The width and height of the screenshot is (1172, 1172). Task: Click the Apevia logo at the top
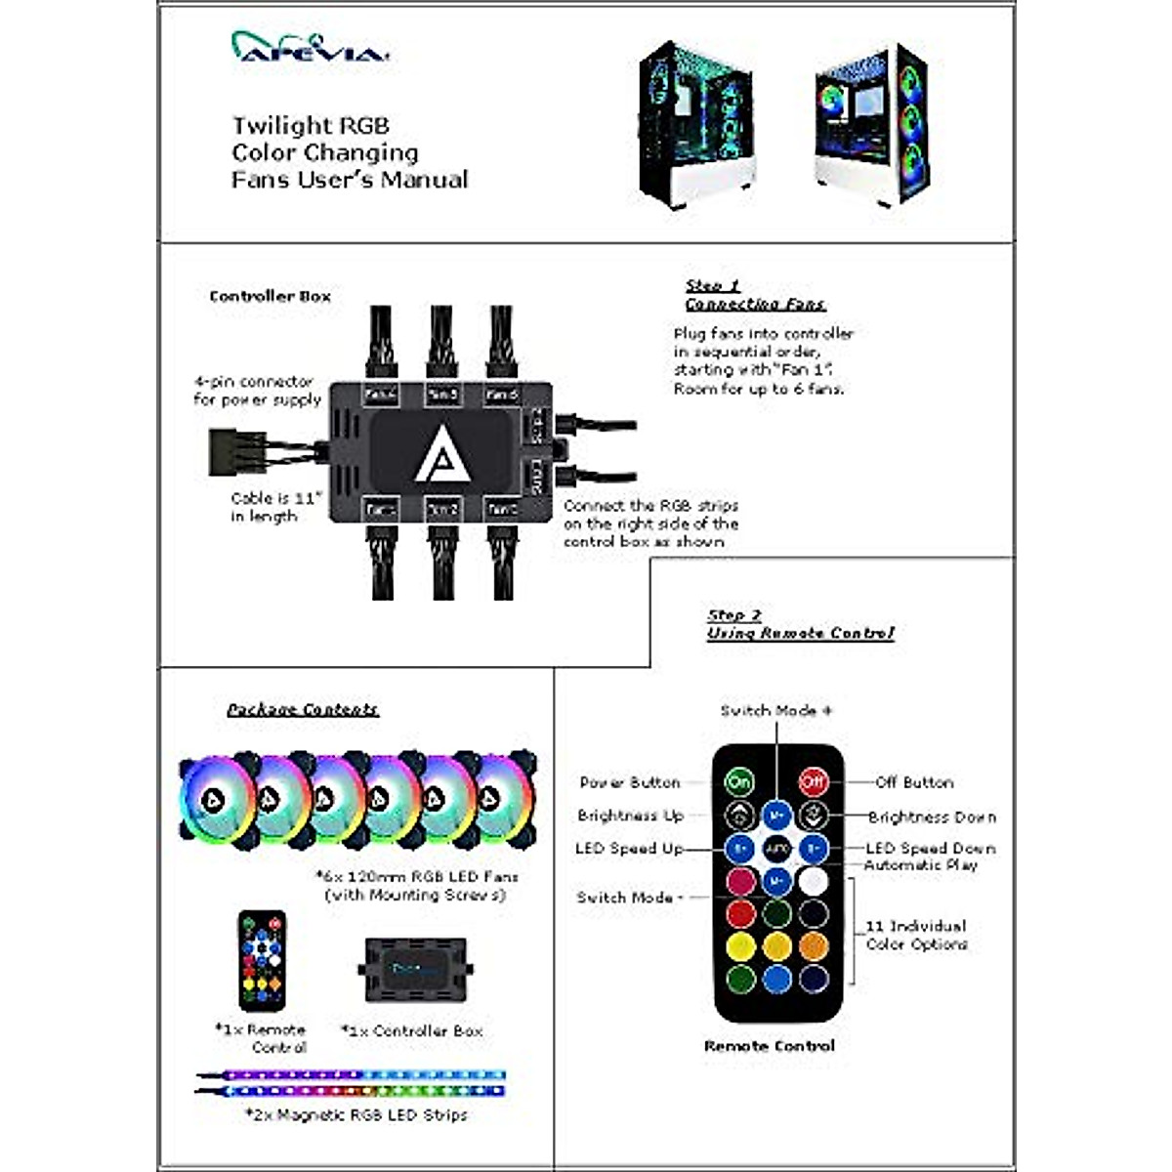(311, 48)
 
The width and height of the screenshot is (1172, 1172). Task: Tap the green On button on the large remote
(739, 781)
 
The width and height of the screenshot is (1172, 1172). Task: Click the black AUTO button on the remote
(776, 848)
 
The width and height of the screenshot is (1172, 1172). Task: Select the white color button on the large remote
(813, 881)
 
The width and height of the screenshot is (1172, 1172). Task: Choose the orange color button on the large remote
(813, 945)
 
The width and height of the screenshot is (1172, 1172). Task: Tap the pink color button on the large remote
(740, 881)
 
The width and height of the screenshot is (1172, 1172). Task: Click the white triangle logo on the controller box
(441, 456)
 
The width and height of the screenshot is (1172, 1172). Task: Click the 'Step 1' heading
(712, 286)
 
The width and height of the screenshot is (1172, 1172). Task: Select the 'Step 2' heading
(733, 615)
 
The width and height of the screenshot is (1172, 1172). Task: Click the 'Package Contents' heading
(303, 710)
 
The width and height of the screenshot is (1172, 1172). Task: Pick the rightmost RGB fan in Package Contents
(503, 799)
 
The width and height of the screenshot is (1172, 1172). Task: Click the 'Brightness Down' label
(932, 817)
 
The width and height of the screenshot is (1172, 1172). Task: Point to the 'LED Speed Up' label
(629, 849)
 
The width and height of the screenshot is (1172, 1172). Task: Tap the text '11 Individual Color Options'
(916, 935)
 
